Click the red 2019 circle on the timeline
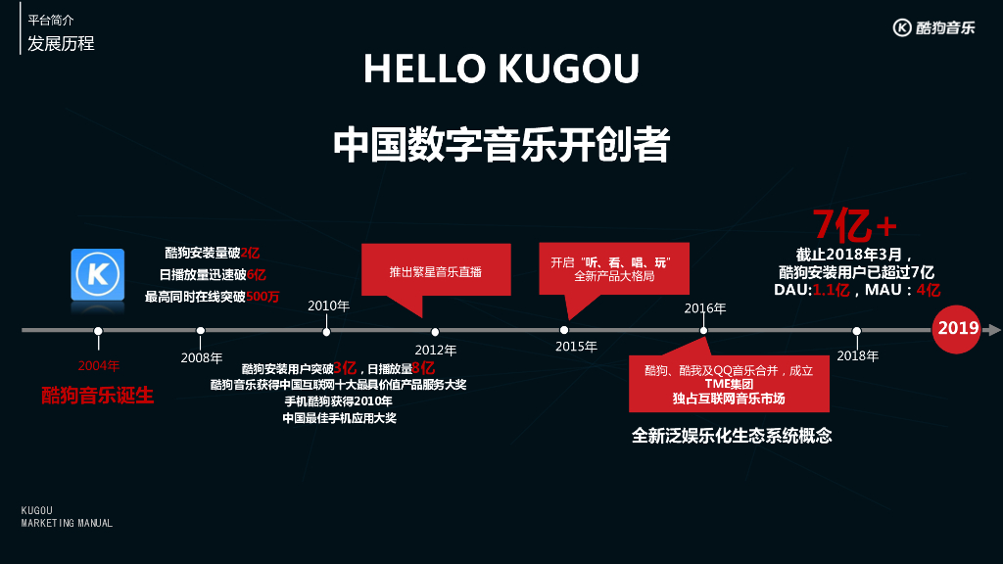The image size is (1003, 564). (x=958, y=328)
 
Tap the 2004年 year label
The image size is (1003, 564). (x=98, y=366)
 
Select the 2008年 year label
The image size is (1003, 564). (x=202, y=357)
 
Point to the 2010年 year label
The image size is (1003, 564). (x=328, y=305)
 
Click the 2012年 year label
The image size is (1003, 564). (x=436, y=350)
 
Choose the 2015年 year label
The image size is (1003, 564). (x=576, y=347)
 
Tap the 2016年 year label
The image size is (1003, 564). (x=705, y=308)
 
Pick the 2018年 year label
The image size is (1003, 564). (x=858, y=355)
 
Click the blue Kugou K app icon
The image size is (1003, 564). (x=98, y=274)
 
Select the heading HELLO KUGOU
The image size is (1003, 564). (x=501, y=69)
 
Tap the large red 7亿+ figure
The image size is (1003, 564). (x=854, y=226)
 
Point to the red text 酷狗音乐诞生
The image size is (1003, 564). (x=98, y=396)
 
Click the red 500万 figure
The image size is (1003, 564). (x=263, y=296)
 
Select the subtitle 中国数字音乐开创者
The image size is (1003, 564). (x=501, y=145)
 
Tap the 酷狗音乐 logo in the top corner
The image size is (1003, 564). (x=933, y=27)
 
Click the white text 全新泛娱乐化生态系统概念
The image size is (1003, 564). (x=732, y=436)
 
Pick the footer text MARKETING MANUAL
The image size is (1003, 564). (x=67, y=523)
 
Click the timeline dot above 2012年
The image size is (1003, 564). (x=435, y=331)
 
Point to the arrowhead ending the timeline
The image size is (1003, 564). (x=993, y=330)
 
